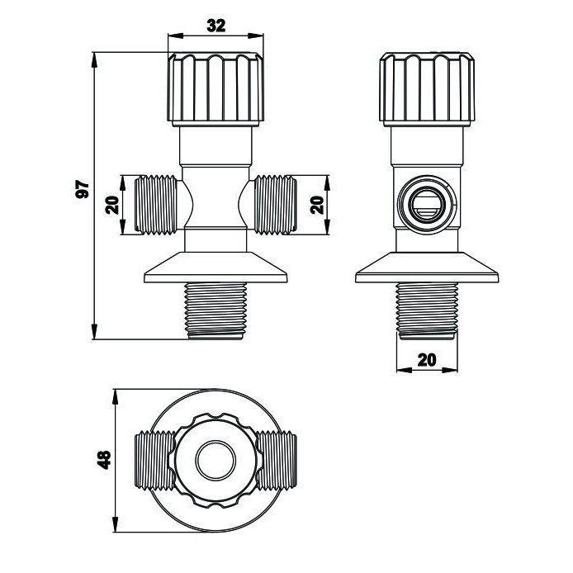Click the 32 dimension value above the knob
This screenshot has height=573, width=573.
[x=215, y=26]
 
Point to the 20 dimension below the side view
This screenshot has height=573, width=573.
[x=427, y=360]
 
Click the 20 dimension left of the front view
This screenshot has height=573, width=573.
[x=112, y=204]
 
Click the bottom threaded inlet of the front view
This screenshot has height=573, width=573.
[x=216, y=310]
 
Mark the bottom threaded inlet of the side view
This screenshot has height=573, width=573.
[x=428, y=310]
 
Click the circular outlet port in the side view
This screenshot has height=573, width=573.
[x=427, y=203]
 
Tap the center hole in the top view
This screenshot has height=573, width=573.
[x=216, y=460]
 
